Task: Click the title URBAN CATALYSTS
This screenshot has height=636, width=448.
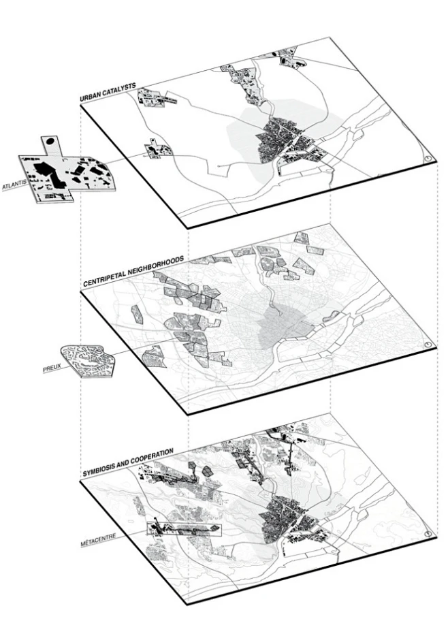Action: tap(108, 93)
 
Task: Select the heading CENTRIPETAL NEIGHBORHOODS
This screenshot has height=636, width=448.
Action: tap(134, 271)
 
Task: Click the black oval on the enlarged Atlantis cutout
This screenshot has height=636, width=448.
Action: tap(50, 142)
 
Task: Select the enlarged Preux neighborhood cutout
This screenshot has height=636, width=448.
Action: tap(88, 360)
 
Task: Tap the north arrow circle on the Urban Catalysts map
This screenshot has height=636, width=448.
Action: tap(429, 159)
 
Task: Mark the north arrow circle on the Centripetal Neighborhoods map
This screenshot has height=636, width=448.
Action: tap(428, 345)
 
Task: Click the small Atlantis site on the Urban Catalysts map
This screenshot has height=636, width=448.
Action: tap(157, 149)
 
